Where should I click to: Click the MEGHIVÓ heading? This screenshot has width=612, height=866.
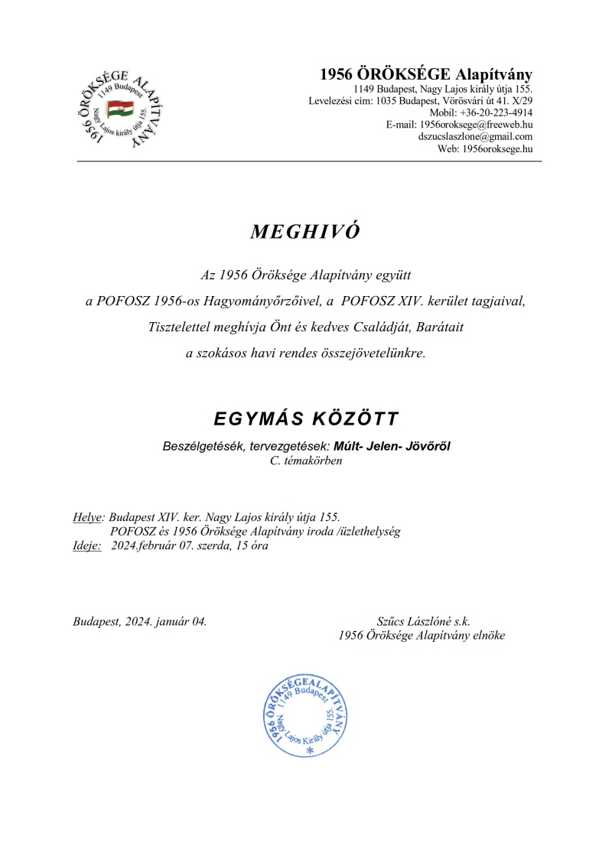click(x=304, y=233)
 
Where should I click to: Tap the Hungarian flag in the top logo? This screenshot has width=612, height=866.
click(x=120, y=109)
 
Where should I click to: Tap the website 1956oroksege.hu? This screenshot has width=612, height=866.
click(x=496, y=148)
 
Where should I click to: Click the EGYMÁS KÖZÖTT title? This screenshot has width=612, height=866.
click(x=305, y=419)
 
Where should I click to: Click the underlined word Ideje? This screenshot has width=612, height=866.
click(x=86, y=545)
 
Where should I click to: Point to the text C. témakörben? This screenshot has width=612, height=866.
click(x=306, y=461)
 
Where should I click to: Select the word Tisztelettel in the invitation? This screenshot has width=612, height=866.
click(x=182, y=327)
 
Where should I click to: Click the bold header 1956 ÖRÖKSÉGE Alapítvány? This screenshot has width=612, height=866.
click(x=425, y=75)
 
